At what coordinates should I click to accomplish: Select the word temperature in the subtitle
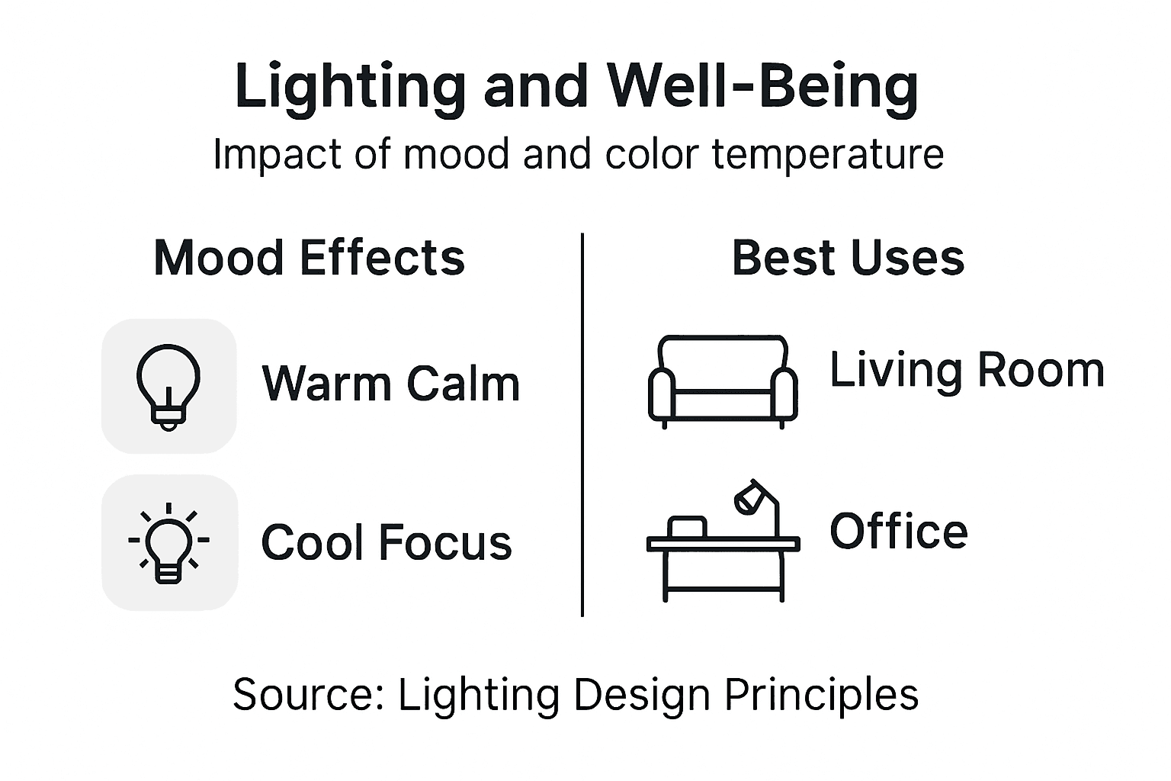click(828, 155)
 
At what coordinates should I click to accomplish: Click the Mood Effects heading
click(309, 258)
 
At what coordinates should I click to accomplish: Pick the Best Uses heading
click(848, 258)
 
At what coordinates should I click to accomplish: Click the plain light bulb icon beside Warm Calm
click(168, 386)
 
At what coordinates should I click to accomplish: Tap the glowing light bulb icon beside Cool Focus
click(168, 543)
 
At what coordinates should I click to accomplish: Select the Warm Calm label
click(390, 383)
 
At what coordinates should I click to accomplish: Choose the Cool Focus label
click(386, 542)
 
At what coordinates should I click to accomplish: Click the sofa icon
click(722, 380)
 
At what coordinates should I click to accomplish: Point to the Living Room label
click(967, 371)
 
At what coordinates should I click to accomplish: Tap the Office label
click(898, 532)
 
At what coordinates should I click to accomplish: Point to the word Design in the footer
click(642, 696)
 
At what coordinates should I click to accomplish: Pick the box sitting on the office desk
click(687, 527)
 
